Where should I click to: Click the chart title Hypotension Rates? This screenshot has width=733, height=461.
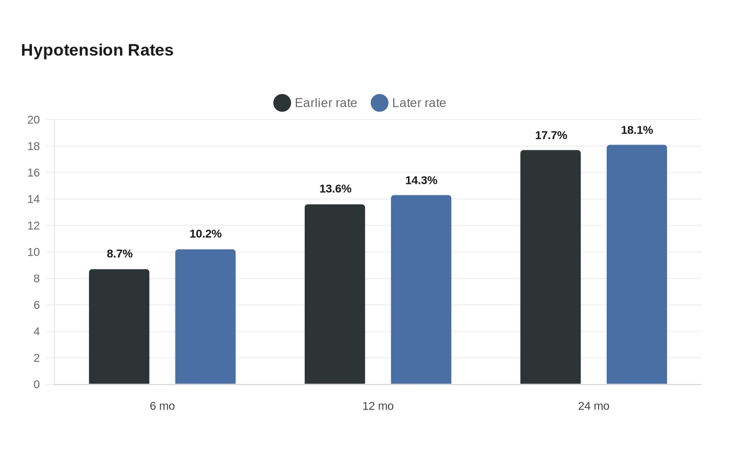tap(97, 50)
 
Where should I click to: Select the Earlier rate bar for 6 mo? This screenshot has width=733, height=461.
tap(119, 327)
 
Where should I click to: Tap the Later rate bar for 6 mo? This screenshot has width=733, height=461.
tap(205, 316)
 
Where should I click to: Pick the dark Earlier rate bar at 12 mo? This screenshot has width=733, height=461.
tap(335, 294)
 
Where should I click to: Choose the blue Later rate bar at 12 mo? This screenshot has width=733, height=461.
tap(421, 290)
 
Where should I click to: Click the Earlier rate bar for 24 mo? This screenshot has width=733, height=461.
tap(550, 267)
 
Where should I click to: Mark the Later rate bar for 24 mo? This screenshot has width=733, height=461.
tap(637, 265)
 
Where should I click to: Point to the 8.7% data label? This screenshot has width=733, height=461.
tap(119, 254)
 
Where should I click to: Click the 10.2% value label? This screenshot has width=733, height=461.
tap(205, 234)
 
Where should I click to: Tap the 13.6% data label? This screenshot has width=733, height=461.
tap(335, 189)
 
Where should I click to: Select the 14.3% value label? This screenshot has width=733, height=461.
tap(421, 180)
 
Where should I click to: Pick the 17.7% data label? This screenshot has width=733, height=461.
tap(551, 135)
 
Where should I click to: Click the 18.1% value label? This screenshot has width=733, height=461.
tap(637, 130)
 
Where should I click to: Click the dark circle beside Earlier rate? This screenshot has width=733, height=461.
tap(282, 103)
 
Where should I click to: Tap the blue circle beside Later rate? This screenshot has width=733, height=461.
tap(380, 103)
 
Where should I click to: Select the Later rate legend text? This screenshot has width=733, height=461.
tap(419, 103)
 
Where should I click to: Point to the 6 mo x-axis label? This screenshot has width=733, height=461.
tap(162, 406)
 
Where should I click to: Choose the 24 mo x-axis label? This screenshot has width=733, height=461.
tap(594, 406)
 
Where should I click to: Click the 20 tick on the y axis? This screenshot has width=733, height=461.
tap(34, 120)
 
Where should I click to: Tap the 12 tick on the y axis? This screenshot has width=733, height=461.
tap(34, 226)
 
